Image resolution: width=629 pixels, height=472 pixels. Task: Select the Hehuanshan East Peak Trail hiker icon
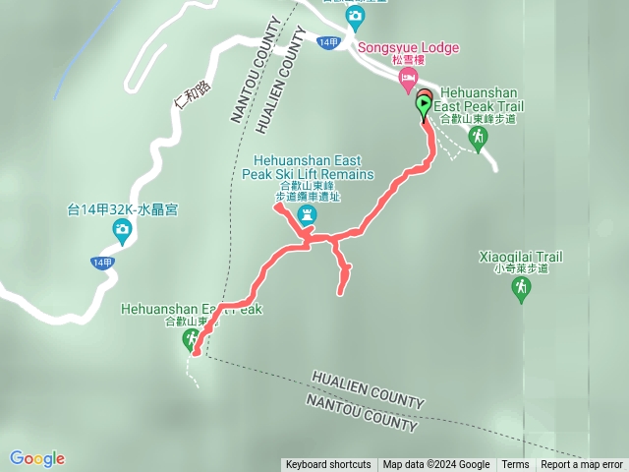[479, 140]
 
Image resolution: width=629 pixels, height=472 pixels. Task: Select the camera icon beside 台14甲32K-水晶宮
[122, 232]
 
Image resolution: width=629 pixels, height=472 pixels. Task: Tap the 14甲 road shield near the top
[329, 42]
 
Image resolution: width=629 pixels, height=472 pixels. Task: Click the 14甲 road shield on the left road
[101, 263]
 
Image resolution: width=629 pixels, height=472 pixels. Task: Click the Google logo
[36, 458]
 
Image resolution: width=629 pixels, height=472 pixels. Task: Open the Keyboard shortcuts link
[328, 465]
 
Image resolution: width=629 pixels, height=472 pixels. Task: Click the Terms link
[515, 465]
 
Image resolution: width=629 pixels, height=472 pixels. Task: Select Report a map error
[582, 465]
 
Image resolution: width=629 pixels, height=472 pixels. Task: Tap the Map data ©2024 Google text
[436, 465]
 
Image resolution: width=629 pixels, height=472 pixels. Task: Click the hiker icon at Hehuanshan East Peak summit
[191, 340]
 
